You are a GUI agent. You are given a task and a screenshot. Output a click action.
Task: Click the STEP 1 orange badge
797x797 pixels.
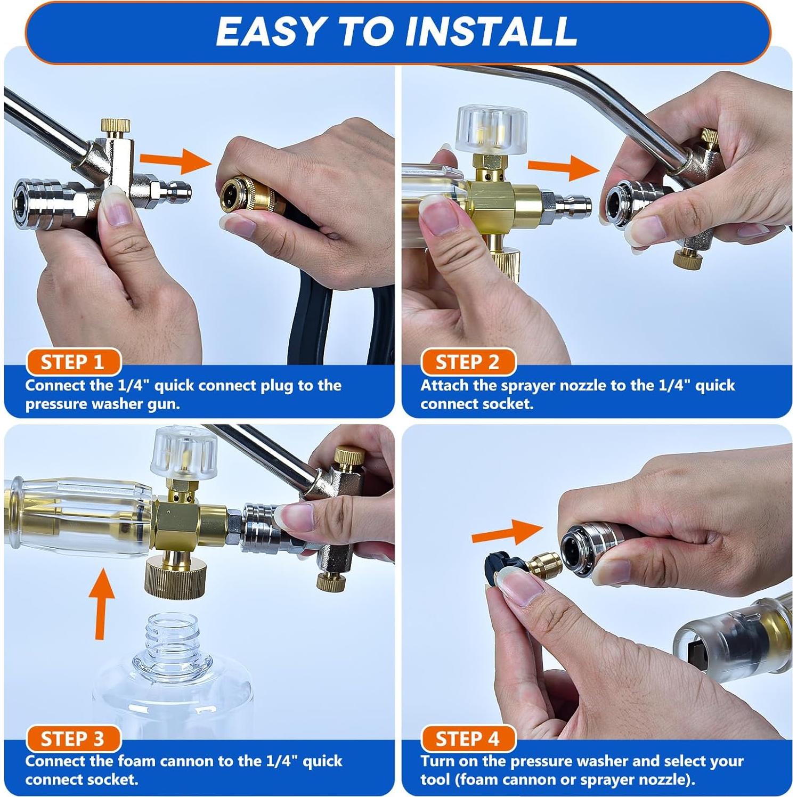[x=74, y=362]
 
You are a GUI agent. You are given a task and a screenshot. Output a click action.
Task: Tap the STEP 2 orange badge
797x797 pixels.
[x=468, y=362]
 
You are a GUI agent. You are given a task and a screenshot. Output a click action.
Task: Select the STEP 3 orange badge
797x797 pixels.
[x=74, y=739]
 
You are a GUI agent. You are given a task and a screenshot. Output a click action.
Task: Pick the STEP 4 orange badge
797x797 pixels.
[x=468, y=739]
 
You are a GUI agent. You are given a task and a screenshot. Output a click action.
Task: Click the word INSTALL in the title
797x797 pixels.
[x=491, y=31]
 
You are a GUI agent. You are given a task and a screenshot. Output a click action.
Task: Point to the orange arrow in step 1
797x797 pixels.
[x=176, y=159]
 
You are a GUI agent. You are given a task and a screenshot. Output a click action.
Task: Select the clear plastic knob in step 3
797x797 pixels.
[x=184, y=452]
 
